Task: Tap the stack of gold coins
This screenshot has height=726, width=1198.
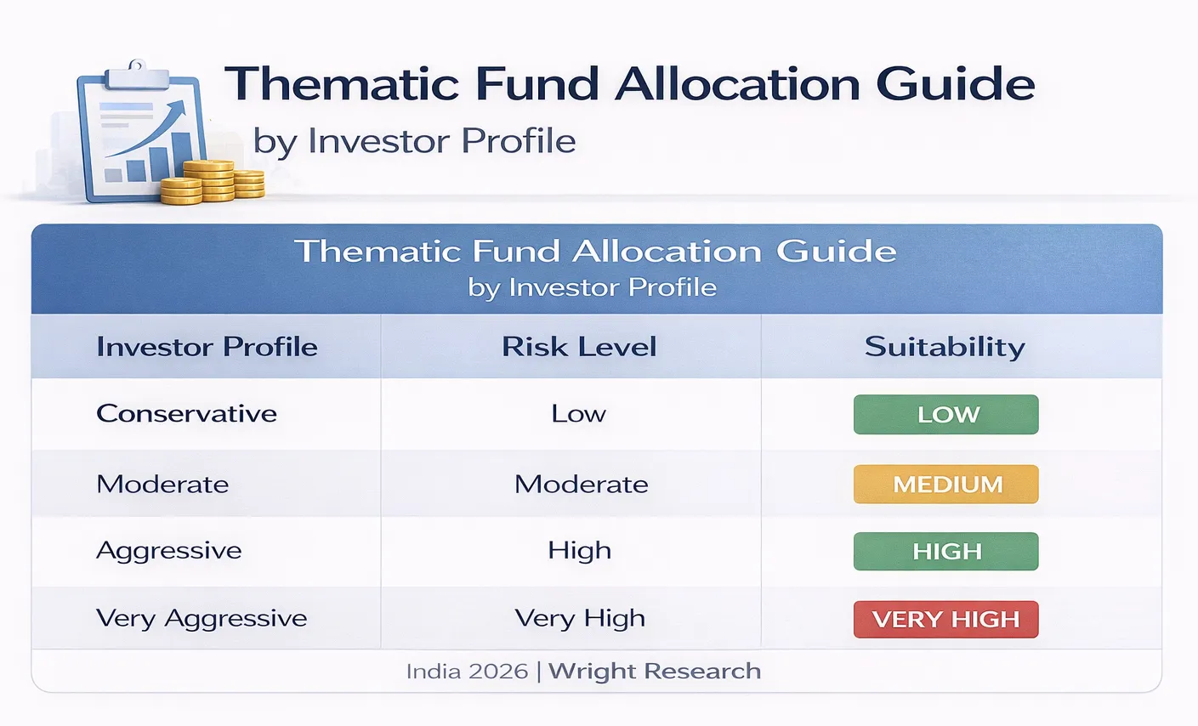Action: (213, 182)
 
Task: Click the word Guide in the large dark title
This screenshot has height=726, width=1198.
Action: (955, 84)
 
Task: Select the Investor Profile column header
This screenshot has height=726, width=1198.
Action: (207, 347)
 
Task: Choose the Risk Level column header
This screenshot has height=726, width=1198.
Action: (579, 347)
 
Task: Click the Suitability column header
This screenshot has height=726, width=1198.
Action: (945, 347)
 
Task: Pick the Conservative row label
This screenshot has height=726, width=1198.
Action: (186, 414)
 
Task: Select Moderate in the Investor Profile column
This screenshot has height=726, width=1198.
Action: (162, 485)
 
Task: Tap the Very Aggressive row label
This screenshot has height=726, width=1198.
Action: (202, 619)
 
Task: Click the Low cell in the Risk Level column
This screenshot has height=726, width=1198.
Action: (578, 414)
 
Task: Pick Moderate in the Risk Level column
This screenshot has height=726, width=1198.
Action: (581, 485)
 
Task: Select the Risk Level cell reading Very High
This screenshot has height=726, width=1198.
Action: (580, 619)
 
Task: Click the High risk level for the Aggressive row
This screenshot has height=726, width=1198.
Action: (579, 551)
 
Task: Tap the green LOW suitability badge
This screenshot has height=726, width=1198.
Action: (945, 415)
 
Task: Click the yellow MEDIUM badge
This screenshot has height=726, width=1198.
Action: (945, 485)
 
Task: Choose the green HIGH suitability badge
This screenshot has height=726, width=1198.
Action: (945, 551)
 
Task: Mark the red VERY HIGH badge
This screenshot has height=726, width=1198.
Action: (945, 619)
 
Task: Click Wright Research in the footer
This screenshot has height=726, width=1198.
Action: (654, 672)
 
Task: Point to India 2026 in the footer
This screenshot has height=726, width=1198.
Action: (467, 672)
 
